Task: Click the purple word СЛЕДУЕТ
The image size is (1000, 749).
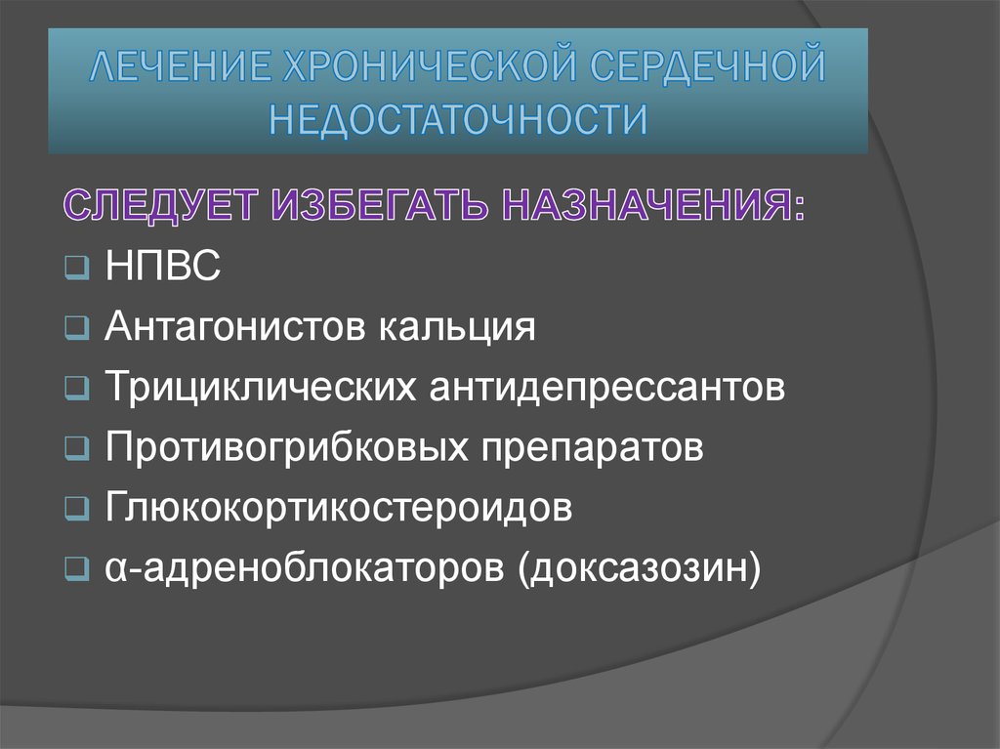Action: (x=163, y=208)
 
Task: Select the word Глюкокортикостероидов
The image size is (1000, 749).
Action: (x=338, y=508)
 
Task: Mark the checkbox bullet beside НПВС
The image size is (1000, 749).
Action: (x=78, y=268)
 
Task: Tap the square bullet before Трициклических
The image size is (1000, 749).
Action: (x=78, y=389)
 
